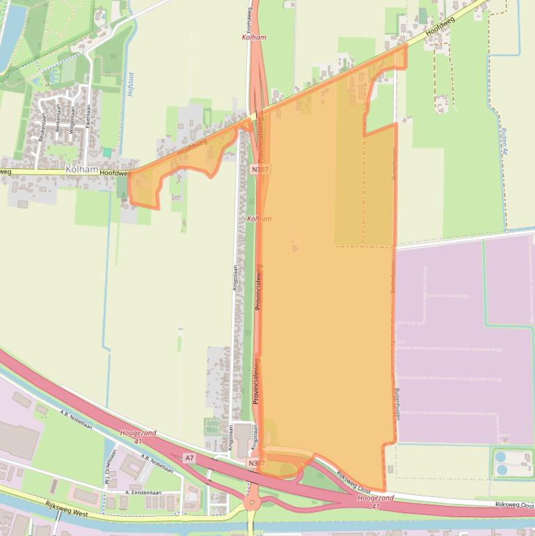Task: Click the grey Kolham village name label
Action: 81,169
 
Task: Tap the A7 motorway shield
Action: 189,457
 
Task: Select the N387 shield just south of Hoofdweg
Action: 261,169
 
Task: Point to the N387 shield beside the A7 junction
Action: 255,462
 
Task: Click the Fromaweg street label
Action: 248,13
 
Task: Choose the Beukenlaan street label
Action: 42,129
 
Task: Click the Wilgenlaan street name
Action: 72,120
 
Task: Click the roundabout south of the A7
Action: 252,503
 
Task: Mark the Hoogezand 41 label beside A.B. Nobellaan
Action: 131,436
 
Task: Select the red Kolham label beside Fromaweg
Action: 255,37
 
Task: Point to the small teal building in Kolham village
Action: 106,152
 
